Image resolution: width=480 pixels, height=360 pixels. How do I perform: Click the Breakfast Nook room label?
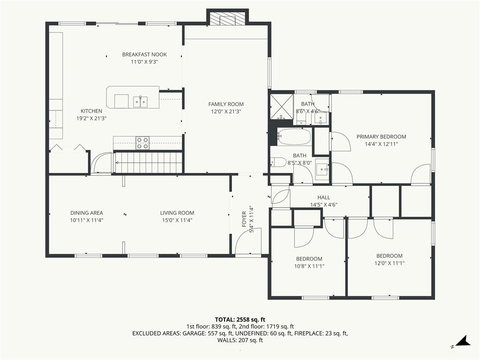(144, 54)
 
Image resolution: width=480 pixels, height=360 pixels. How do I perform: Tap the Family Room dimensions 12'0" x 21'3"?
(226, 112)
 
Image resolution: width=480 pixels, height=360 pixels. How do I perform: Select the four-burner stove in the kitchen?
(142, 143)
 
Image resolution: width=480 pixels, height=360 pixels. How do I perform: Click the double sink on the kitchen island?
(140, 102)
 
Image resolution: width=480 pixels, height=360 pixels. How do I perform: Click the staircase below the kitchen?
(148, 163)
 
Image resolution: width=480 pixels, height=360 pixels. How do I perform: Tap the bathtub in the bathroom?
(294, 136)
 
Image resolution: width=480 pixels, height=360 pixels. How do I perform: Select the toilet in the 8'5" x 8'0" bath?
(278, 162)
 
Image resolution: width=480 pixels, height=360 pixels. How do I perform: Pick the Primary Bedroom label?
(382, 136)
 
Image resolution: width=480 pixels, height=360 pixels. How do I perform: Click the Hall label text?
(323, 197)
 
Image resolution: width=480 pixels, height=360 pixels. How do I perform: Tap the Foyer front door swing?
(248, 241)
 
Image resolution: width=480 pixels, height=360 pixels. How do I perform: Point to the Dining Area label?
(87, 213)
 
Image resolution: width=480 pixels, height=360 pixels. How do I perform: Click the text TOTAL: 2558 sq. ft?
(240, 320)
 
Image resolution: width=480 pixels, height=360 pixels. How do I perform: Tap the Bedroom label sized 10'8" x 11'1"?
(309, 259)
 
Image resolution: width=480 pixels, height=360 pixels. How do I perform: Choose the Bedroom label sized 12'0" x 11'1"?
(390, 256)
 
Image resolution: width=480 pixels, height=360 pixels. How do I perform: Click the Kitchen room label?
(91, 111)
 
